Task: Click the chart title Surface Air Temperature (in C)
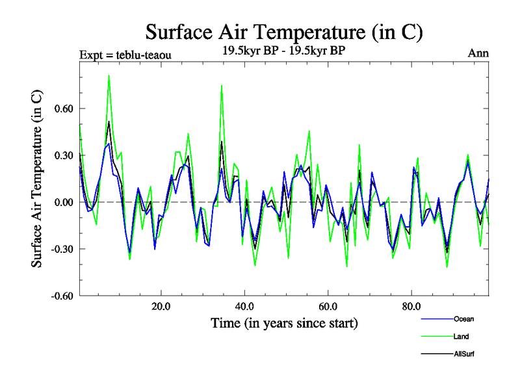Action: pyautogui.click(x=284, y=32)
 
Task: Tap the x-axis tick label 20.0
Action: pyautogui.click(x=161, y=306)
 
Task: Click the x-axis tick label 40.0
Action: pyautogui.click(x=244, y=306)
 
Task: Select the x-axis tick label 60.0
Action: pyautogui.click(x=328, y=306)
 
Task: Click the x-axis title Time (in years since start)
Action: pyautogui.click(x=284, y=322)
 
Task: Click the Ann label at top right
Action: pyautogui.click(x=478, y=54)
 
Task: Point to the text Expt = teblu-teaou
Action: pyautogui.click(x=125, y=55)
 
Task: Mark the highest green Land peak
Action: pyautogui.click(x=109, y=76)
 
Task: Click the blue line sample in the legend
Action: pyautogui.click(x=435, y=319)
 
